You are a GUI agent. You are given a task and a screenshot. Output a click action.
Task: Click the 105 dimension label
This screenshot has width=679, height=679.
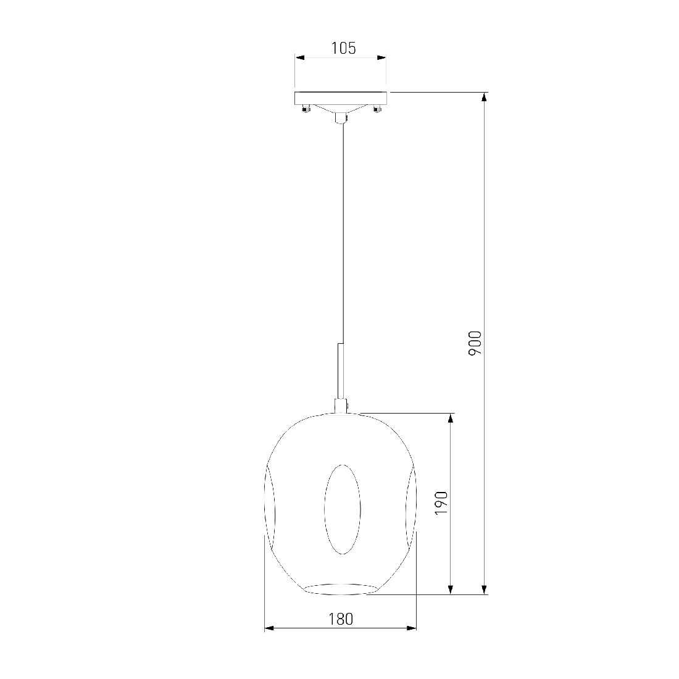[x=343, y=48]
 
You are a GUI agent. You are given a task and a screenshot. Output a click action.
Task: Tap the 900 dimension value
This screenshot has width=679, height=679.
[x=475, y=343]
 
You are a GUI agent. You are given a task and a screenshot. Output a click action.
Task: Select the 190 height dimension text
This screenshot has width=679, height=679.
[x=441, y=502]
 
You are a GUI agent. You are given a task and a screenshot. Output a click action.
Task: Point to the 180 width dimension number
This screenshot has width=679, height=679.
[x=341, y=619]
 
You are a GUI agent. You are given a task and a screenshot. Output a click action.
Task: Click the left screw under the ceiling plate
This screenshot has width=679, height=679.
[x=306, y=109]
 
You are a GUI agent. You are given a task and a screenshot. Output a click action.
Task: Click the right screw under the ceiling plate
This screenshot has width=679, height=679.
[x=377, y=109]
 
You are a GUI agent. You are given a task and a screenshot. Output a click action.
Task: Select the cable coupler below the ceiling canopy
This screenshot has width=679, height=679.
[x=341, y=118]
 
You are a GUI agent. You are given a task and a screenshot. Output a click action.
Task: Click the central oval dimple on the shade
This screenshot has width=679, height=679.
[x=343, y=509]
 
